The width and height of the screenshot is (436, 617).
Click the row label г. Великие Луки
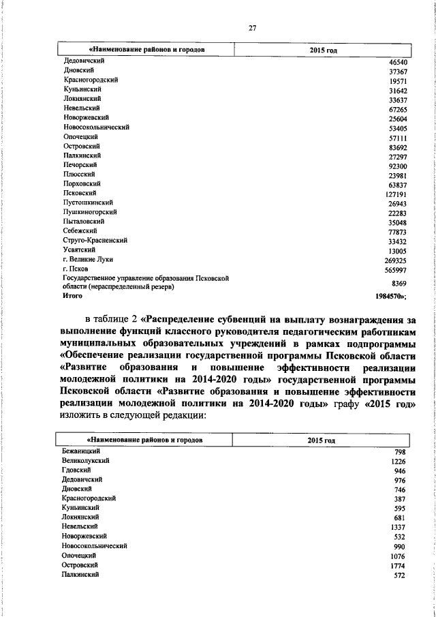(87, 260)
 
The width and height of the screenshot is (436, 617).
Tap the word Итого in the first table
(72, 297)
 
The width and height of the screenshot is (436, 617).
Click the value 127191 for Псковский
(394, 194)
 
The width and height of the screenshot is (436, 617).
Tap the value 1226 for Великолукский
(398, 462)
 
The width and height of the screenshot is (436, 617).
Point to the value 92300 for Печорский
(396, 165)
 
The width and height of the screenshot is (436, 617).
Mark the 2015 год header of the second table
(321, 440)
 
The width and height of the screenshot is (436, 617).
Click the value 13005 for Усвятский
(396, 250)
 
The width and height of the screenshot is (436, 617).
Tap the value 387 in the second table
(399, 500)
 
